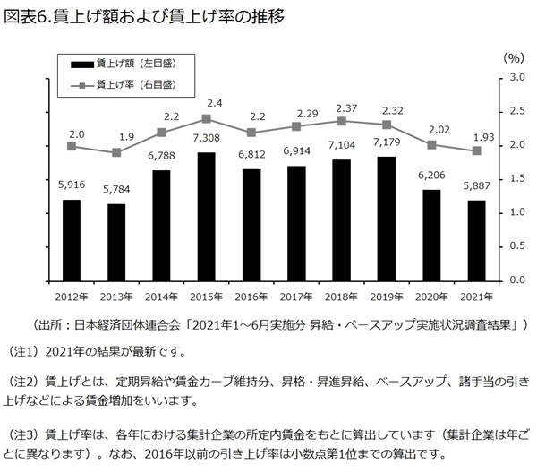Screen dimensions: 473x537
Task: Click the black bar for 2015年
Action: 206,216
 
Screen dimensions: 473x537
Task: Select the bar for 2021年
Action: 477,240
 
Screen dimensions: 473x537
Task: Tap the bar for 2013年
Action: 115,242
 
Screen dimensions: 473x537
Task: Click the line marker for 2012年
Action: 71,146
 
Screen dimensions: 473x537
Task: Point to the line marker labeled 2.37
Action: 341,121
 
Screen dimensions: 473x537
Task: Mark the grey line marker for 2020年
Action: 431,144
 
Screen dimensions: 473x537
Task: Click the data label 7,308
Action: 206,140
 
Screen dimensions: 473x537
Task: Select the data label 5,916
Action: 71,185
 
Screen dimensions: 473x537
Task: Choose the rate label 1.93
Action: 477,136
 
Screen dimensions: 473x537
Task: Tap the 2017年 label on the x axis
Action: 296,295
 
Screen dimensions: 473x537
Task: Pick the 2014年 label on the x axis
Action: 161,295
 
